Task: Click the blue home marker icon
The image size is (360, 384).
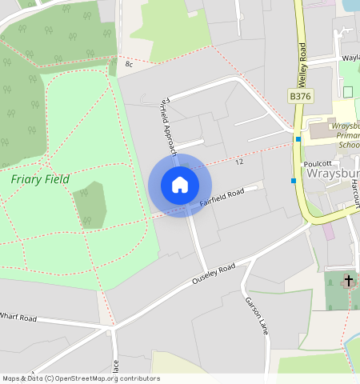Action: [x=180, y=185]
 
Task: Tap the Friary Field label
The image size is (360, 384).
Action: [x=40, y=178]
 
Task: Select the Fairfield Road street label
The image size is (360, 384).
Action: [x=222, y=198]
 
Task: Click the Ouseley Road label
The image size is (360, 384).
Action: [x=214, y=274]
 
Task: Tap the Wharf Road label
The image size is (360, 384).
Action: [x=18, y=318]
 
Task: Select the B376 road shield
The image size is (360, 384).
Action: [x=299, y=96]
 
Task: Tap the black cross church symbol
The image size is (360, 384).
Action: [x=348, y=281]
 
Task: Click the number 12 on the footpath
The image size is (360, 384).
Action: [x=239, y=162]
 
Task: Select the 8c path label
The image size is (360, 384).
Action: [x=129, y=62]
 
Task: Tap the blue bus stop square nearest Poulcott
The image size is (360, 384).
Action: [x=294, y=181]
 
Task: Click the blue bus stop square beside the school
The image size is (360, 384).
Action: [x=298, y=139]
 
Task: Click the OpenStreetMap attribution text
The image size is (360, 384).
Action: [x=80, y=378]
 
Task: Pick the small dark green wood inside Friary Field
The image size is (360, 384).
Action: [x=90, y=205]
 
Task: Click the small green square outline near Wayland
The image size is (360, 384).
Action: [x=348, y=91]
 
